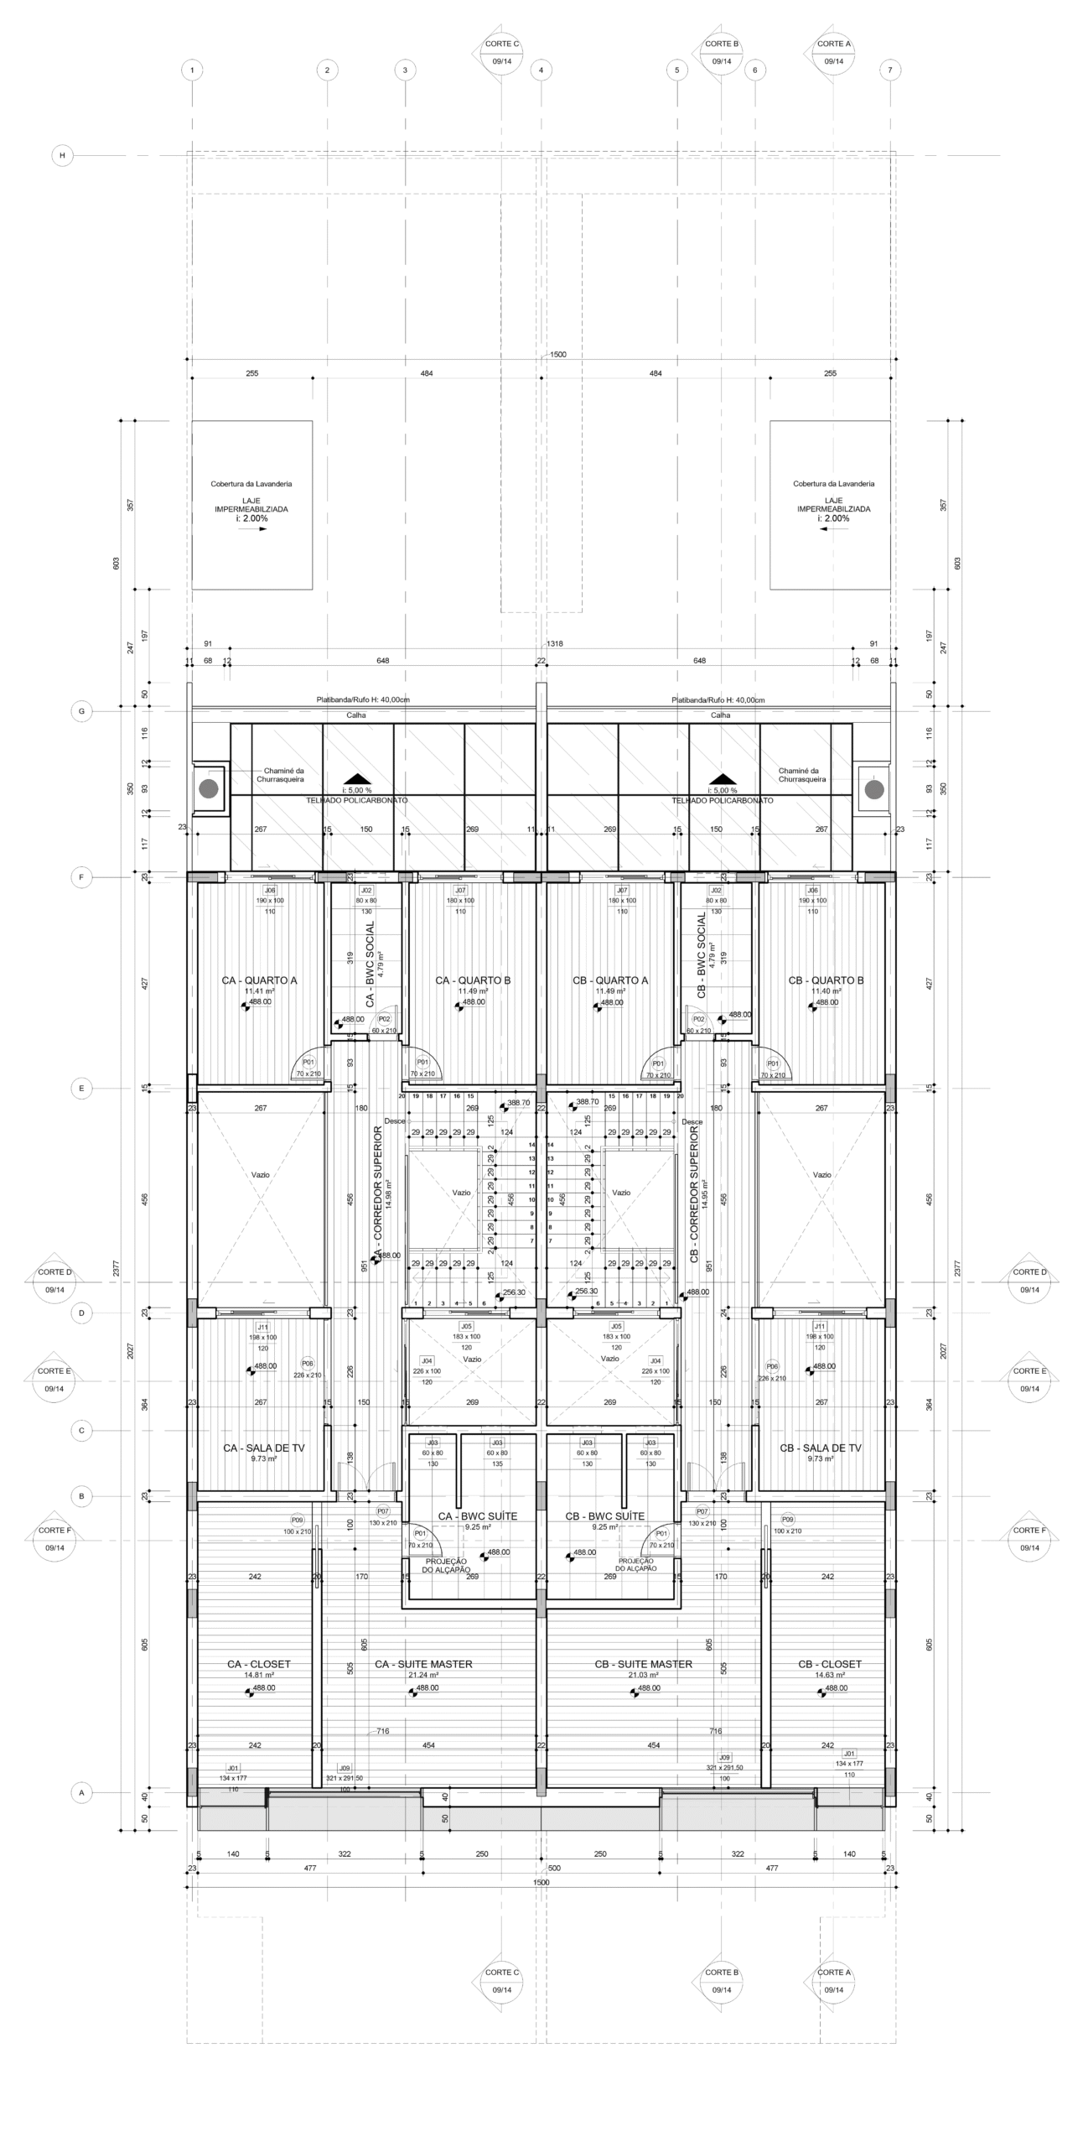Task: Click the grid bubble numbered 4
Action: tap(541, 70)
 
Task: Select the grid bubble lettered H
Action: tap(62, 155)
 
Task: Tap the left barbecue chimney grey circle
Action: tap(209, 788)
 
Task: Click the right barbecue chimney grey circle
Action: tap(873, 789)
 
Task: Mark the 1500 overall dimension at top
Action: tap(557, 355)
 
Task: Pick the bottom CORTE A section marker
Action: tap(833, 1981)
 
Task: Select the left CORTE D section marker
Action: tap(54, 1281)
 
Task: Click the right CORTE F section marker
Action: tap(1029, 1539)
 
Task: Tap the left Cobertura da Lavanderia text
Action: tap(251, 484)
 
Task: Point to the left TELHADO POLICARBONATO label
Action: tap(357, 800)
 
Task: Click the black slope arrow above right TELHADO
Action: tap(722, 778)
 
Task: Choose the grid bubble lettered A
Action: tap(81, 1793)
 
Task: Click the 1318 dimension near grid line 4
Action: tap(555, 644)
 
